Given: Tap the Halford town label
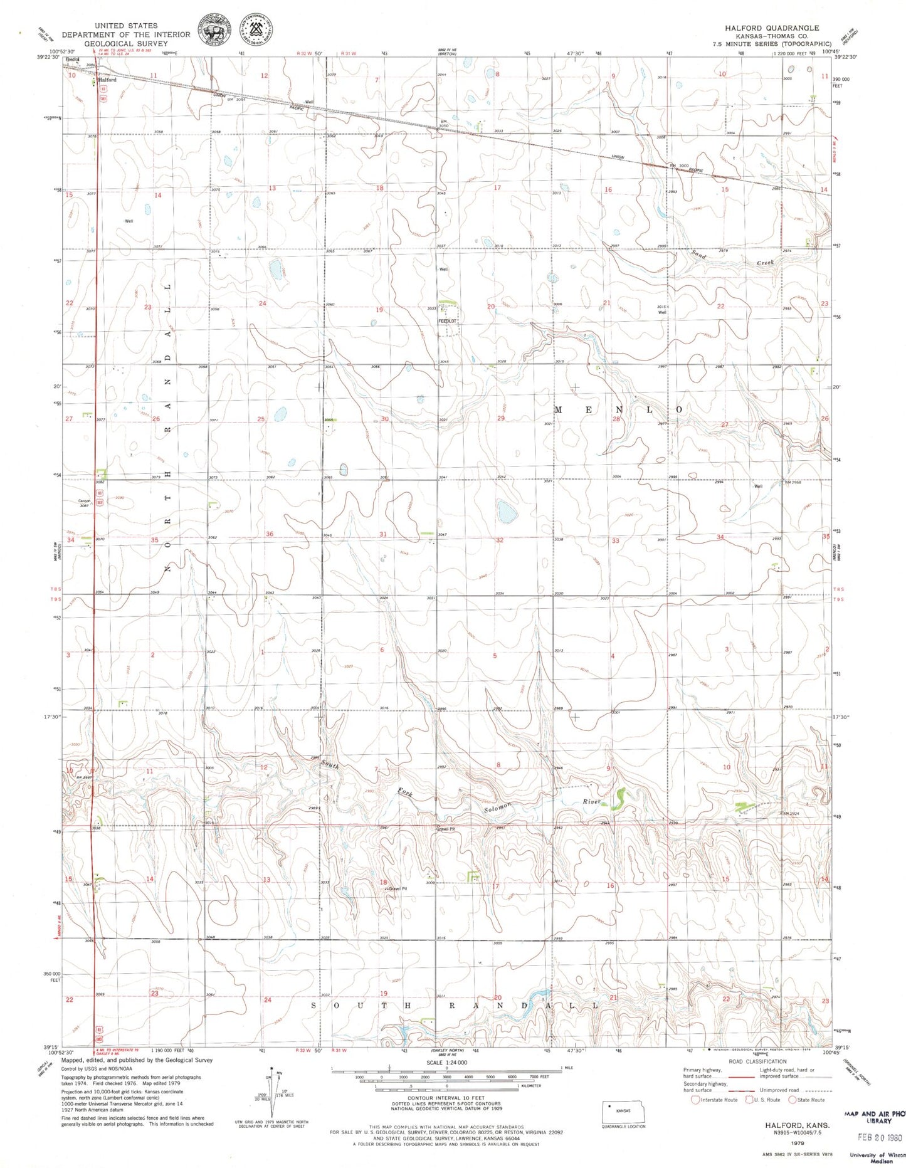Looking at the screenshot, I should click(x=107, y=80).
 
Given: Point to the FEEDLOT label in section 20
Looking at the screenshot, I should click(x=448, y=320).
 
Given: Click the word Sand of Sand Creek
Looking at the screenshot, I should click(x=699, y=255).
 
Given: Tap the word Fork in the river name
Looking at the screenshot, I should click(x=404, y=794).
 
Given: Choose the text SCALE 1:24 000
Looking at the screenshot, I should click(x=446, y=1063).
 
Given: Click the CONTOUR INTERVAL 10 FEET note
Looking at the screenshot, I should click(x=446, y=1098).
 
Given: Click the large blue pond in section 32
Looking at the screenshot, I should click(x=507, y=512).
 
